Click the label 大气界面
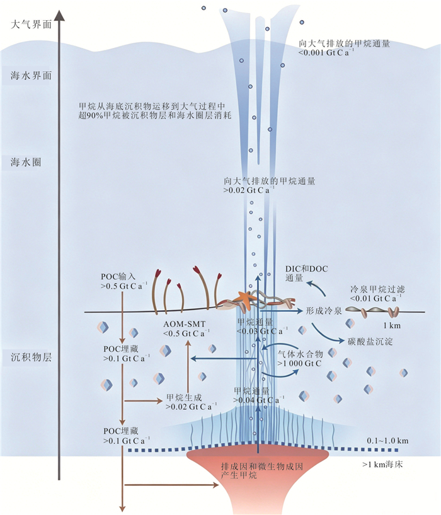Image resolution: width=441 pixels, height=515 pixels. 31,25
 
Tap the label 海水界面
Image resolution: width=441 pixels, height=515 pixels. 31,76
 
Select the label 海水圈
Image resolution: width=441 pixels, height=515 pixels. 26,162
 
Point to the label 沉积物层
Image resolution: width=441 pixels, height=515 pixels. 31,357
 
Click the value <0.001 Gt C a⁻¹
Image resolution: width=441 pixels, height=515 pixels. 326,52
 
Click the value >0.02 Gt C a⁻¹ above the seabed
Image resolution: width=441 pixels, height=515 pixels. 249,190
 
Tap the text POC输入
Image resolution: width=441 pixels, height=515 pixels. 118,277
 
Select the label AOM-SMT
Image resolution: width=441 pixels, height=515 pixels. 184,324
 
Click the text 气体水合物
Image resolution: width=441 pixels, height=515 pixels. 301,354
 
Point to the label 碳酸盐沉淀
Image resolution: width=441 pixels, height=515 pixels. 370,342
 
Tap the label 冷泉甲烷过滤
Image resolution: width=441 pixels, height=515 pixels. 377,289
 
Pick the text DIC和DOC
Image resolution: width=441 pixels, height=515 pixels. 307,269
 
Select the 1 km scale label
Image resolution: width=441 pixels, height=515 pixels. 392,325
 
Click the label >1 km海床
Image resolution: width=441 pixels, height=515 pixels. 382,465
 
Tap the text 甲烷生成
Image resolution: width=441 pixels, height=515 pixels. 184,397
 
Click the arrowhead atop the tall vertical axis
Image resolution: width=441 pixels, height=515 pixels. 59,14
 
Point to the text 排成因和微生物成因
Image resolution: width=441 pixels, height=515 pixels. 261,466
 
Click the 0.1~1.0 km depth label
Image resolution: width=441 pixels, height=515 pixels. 387,441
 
